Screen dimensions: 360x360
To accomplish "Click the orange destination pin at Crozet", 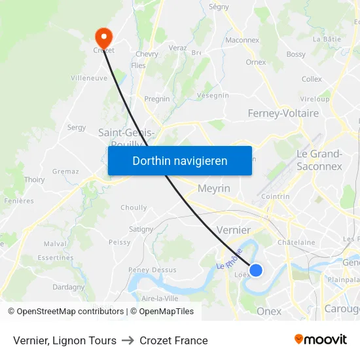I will [x=103, y=36].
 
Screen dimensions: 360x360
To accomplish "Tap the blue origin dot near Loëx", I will [x=256, y=270].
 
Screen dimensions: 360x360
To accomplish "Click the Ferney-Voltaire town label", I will [x=283, y=113].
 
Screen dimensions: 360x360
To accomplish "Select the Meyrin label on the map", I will [x=214, y=189].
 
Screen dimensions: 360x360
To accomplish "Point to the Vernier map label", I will [x=233, y=230].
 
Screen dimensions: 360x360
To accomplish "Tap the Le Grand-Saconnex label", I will [x=319, y=160].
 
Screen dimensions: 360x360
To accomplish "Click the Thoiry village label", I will [x=34, y=179].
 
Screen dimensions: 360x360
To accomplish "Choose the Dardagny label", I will [x=69, y=287].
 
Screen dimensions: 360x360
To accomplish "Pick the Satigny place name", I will [x=141, y=229].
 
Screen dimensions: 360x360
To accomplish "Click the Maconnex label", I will [x=242, y=40].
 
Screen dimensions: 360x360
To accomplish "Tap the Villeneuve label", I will [x=88, y=77].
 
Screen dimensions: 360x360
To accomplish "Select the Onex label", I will [x=269, y=311].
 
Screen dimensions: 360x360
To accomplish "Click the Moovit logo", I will [x=321, y=340].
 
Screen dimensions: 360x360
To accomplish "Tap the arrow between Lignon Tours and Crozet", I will [x=128, y=340].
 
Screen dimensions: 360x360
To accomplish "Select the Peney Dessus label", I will [x=153, y=270].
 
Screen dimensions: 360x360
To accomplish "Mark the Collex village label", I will [x=312, y=79].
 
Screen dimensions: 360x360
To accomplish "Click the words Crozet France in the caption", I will [x=173, y=340].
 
